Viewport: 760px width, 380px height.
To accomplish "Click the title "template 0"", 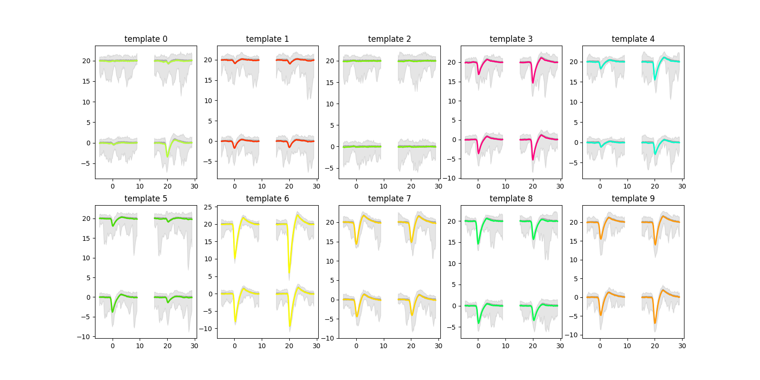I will click(x=146, y=39).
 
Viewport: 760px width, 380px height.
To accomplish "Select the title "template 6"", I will click(x=267, y=199).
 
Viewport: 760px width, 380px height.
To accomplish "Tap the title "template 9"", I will click(x=633, y=199).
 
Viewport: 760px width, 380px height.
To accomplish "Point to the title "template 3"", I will click(x=511, y=39).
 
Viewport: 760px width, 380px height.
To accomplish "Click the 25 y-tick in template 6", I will click(x=208, y=207).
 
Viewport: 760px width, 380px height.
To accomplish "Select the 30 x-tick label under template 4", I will click(x=682, y=186).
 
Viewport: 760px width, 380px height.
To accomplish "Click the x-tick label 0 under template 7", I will click(x=356, y=346).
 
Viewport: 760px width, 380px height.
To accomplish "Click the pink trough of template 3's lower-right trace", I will click(x=533, y=159).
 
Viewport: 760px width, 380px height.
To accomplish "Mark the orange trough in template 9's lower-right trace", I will click(x=655, y=323).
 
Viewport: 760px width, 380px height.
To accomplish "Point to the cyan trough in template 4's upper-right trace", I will click(x=655, y=79).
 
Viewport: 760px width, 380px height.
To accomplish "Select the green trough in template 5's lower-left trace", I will click(x=113, y=312).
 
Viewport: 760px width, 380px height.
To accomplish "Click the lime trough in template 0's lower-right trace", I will click(x=167, y=156).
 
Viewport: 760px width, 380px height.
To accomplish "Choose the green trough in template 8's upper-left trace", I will click(x=478, y=244).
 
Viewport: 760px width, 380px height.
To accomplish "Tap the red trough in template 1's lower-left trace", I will click(x=235, y=148).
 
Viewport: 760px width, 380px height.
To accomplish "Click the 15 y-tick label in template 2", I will click(x=330, y=83).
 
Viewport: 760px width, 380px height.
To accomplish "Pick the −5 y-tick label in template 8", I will click(x=452, y=327).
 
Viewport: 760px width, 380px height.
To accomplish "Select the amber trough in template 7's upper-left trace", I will click(x=356, y=244).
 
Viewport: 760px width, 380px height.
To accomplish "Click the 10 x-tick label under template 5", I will click(x=140, y=346).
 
